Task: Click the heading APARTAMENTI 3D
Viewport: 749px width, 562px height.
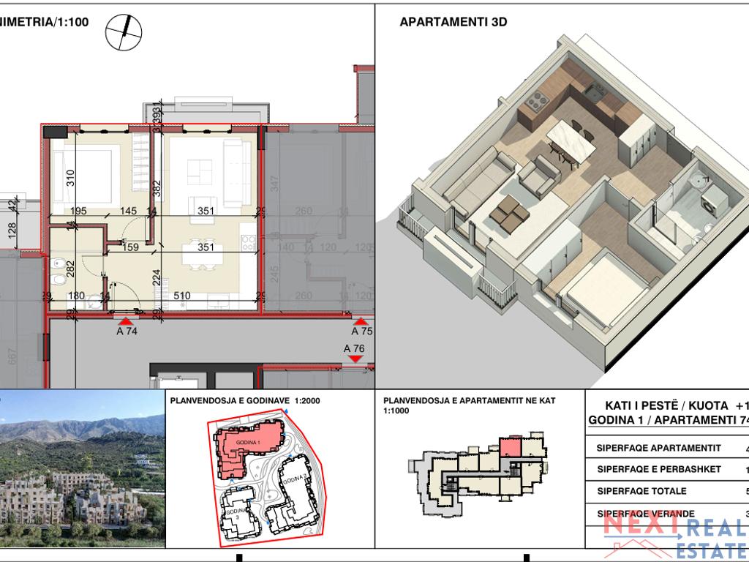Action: coord(453,22)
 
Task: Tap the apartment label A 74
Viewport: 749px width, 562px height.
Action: coord(127,331)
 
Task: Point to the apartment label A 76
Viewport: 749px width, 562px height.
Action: coord(354,348)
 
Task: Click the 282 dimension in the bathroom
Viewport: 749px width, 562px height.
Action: coord(71,267)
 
